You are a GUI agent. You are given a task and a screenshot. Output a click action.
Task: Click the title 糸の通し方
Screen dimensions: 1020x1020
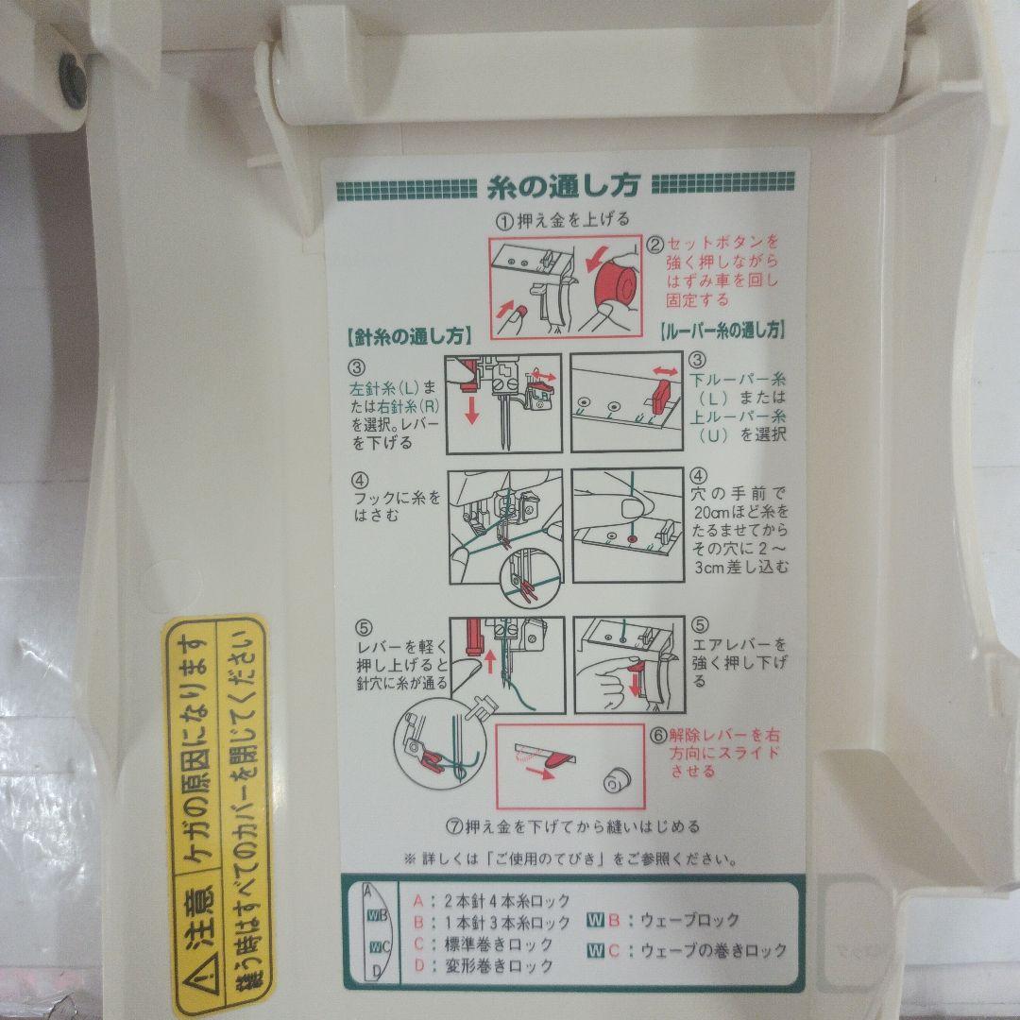point(565,185)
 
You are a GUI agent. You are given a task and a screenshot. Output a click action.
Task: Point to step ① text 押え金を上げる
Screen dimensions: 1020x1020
point(562,219)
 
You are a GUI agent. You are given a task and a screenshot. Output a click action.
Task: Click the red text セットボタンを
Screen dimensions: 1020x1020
point(721,241)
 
